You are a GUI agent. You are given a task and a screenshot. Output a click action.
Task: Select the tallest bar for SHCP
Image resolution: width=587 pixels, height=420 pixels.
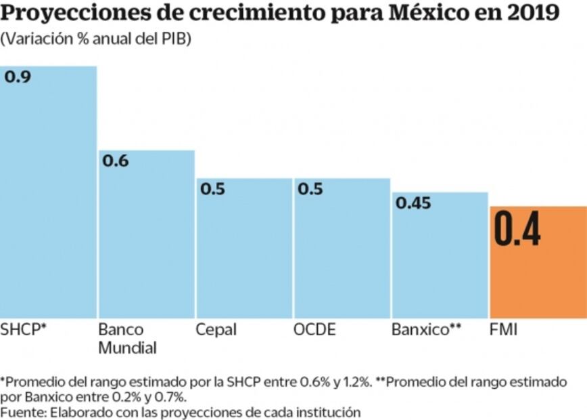48,193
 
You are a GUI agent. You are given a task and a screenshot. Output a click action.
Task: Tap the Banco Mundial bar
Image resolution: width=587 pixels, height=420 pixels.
146,234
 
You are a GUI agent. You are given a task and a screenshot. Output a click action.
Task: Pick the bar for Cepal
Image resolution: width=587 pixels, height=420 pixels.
243,248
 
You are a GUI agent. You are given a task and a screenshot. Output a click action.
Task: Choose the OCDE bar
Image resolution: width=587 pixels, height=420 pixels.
342,248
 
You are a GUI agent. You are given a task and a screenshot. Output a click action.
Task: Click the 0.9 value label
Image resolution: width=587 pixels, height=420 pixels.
18,77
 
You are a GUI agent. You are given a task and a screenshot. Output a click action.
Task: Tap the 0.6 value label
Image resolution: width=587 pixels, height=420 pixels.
116,161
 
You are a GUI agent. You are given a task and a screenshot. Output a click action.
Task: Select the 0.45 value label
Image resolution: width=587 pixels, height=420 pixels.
413,203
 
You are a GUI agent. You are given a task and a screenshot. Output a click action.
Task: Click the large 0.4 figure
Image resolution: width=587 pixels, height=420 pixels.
517,229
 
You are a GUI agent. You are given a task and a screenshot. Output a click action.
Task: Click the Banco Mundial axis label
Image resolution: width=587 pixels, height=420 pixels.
127,339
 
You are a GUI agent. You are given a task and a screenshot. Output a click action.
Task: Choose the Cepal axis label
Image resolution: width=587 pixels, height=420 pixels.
216,330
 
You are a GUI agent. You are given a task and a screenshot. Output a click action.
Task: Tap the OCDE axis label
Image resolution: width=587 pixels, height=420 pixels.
314,330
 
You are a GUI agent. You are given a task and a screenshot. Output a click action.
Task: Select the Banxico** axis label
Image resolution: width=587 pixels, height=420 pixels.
426,330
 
